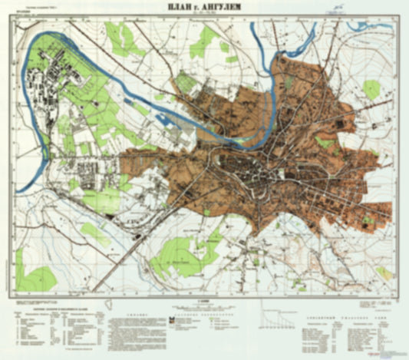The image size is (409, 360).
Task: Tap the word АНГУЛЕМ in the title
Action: click(227, 8)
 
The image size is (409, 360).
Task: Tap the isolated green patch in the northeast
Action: click(371, 89)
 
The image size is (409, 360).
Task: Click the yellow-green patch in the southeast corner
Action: click(384, 272)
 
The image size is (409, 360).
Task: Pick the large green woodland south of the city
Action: click(180, 253)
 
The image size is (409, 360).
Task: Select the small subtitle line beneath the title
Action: click(204, 15)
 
